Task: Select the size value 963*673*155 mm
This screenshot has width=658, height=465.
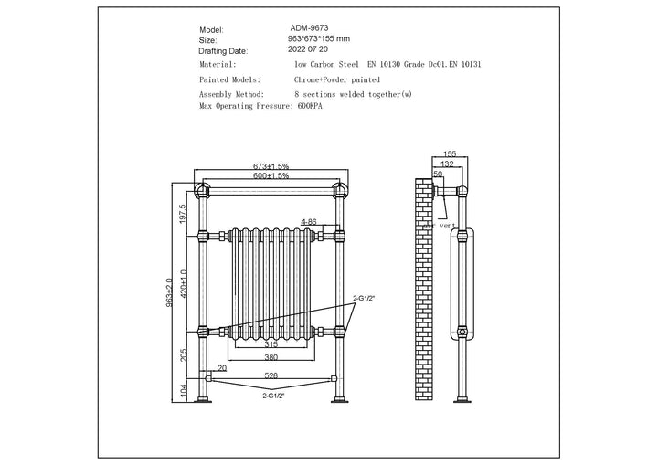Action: pos(319,39)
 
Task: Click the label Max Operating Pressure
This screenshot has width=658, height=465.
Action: pos(246,106)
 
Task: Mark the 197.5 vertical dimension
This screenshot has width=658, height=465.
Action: pos(182,214)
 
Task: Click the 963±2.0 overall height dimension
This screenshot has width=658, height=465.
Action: pos(170,292)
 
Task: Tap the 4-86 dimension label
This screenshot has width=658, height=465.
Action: pos(309,222)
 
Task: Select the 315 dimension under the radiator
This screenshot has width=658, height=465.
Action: pos(271,345)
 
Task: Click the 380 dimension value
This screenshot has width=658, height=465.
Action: pos(271,358)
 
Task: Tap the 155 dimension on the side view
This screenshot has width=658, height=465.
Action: pos(450,155)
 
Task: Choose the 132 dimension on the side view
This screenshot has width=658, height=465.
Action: pos(447,164)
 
